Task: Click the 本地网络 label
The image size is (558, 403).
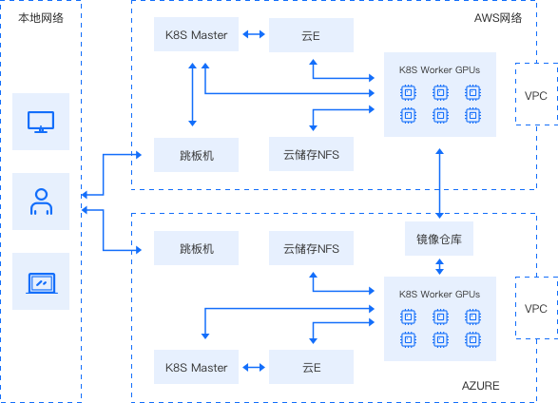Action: [x=41, y=18]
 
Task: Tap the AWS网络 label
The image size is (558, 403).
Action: [x=498, y=18]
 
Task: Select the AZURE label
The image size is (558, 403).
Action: [x=480, y=386]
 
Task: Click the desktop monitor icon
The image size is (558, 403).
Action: [x=41, y=122]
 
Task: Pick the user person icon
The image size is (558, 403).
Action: [x=41, y=201]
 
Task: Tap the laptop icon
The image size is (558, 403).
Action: [x=42, y=283]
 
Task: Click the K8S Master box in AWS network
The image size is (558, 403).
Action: [x=196, y=34]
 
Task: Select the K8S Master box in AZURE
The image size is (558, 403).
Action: [x=196, y=367]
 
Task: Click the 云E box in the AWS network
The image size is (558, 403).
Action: [x=311, y=35]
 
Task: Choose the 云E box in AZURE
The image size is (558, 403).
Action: [x=311, y=367]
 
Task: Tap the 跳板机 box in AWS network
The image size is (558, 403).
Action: [x=196, y=155]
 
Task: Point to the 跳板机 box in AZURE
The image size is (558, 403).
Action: [x=196, y=248]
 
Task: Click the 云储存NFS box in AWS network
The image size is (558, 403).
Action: [x=311, y=154]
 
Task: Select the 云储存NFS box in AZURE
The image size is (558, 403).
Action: [x=311, y=248]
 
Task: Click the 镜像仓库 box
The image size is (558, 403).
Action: [x=439, y=239]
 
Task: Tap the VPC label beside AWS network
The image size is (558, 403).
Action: [x=535, y=95]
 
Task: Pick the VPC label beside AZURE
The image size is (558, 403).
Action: [x=535, y=308]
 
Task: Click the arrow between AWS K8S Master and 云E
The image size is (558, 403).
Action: [x=254, y=34]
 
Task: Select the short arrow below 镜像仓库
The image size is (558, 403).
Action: [x=439, y=266]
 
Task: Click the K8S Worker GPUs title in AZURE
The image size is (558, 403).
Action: [x=439, y=294]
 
